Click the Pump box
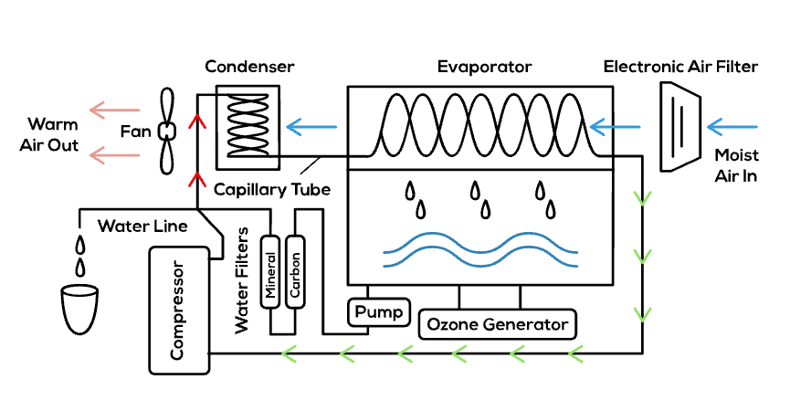379,312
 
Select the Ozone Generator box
499,324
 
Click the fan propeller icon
166,131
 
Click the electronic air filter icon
678,125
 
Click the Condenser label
249,67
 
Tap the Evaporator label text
484,67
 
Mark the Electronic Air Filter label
680,67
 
